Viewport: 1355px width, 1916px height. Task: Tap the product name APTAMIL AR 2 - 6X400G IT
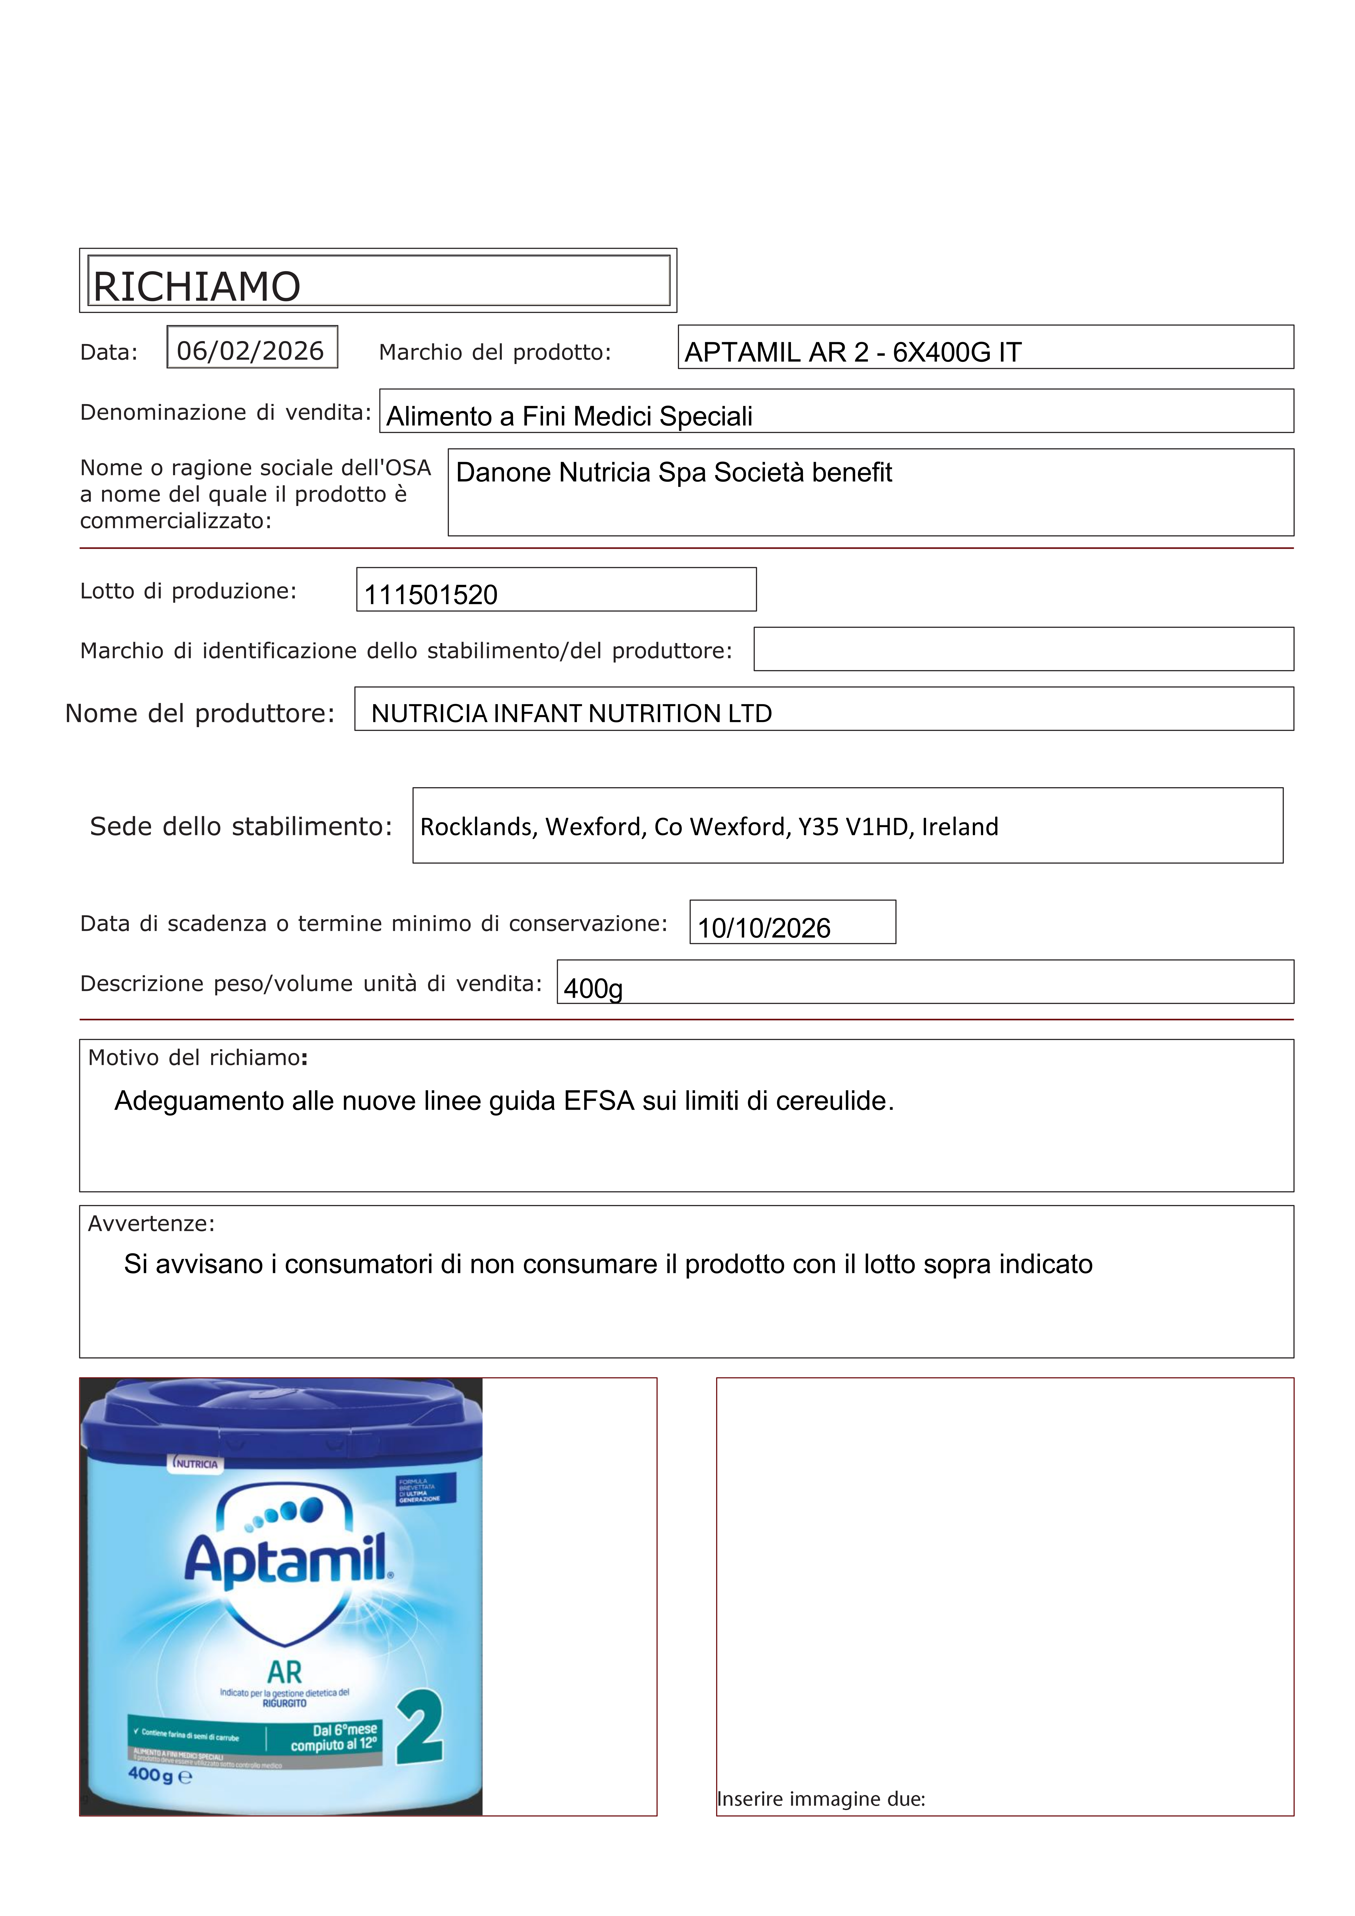[853, 352]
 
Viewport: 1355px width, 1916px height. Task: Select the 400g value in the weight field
[593, 989]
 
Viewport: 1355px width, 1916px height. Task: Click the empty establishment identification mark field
[1023, 649]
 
